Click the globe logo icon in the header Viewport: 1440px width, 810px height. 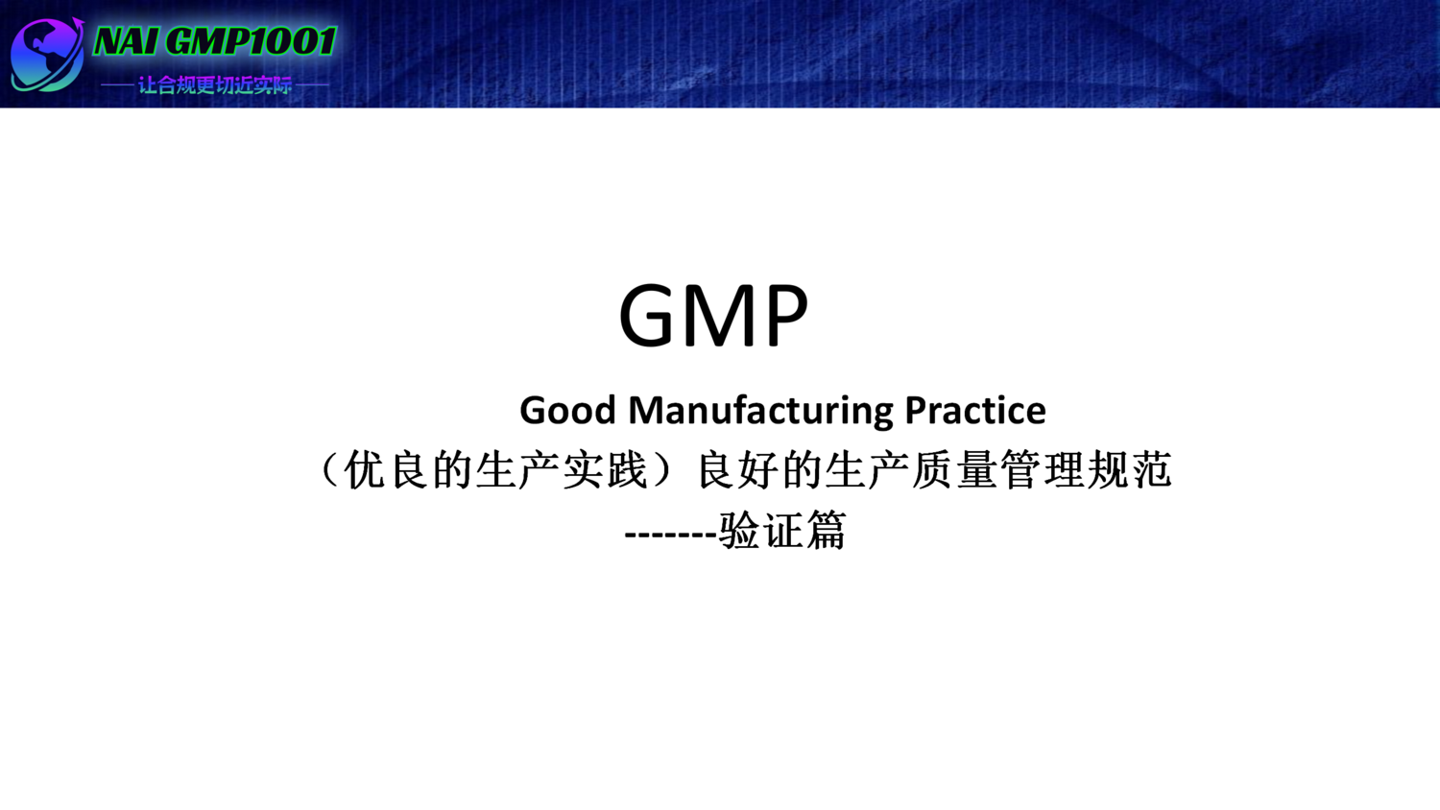46,55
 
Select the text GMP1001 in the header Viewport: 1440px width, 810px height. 251,42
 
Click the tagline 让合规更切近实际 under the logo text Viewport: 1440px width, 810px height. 215,85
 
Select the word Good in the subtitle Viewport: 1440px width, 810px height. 567,411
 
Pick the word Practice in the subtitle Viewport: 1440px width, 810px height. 974,411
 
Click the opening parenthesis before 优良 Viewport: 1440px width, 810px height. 329,470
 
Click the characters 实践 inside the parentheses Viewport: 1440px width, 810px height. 605,470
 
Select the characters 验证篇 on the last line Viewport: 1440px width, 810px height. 782,531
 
